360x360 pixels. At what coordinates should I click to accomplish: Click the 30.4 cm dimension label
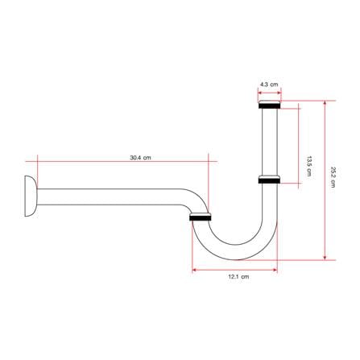click(x=140, y=158)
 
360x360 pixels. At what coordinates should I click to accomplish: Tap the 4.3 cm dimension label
click(x=269, y=85)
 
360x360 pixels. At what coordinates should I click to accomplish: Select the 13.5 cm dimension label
click(x=309, y=166)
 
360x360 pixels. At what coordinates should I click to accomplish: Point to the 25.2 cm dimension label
click(x=333, y=177)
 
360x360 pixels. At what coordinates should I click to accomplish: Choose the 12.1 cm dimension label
click(x=238, y=276)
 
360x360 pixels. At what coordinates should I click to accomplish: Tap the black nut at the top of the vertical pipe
click(x=270, y=105)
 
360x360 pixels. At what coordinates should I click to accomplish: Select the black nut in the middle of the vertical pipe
click(x=269, y=180)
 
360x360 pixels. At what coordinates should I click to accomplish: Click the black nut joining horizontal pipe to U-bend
click(x=201, y=217)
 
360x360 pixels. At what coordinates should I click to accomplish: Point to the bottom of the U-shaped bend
click(x=236, y=252)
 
